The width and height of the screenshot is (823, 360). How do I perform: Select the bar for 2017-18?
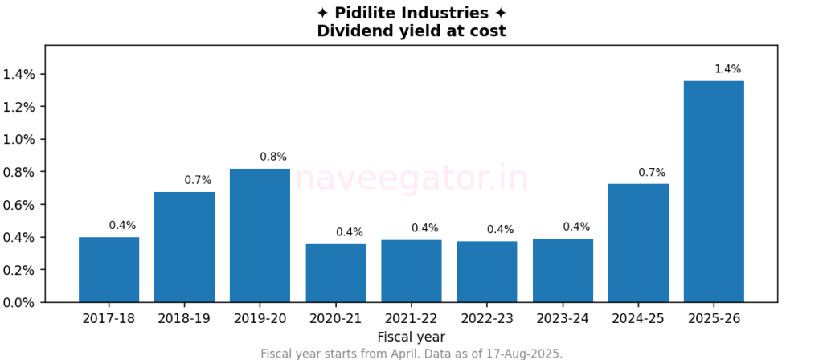109,270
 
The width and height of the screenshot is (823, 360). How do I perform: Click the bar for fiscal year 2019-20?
260,235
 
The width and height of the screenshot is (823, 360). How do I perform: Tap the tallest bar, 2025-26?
714,191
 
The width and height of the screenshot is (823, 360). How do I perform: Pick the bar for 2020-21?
335,273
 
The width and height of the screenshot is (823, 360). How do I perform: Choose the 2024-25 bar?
638,243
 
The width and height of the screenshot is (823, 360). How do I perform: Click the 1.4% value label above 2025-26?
727,69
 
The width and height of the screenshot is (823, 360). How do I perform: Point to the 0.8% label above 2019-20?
273,157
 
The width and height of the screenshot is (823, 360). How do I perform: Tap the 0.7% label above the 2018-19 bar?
198,180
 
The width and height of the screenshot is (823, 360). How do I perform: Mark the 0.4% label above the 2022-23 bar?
500,230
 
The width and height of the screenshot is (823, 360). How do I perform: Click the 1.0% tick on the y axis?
19,139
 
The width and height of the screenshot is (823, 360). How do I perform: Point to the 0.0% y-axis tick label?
19,302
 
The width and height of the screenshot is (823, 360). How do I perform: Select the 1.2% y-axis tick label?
19,107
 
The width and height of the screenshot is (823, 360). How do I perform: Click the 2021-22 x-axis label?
411,319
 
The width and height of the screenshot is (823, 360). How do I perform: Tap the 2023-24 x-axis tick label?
563,319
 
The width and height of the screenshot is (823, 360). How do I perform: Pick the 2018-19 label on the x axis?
184,319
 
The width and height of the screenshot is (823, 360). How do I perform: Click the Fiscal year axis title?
411,337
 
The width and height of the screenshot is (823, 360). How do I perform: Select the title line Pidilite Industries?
411,14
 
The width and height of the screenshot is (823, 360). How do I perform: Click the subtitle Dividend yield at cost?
411,31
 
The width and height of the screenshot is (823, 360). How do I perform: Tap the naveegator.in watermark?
411,178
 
